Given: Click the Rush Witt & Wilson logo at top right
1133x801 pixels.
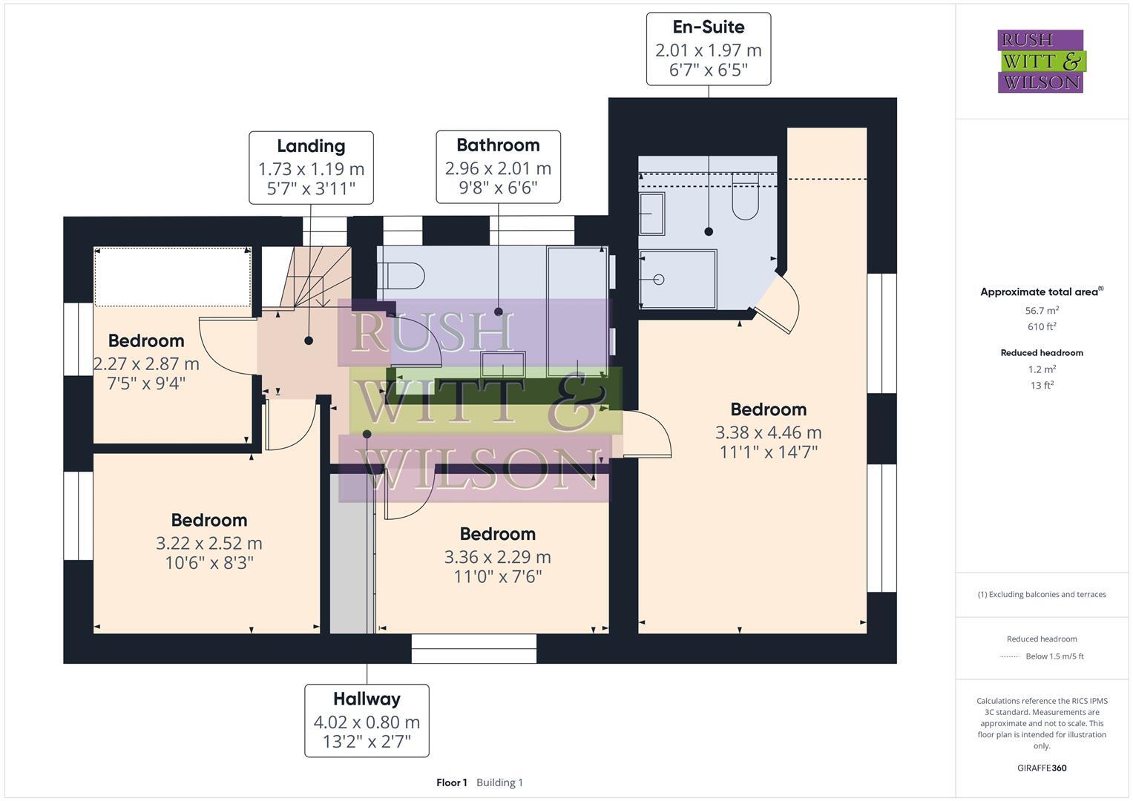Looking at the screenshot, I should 1040,61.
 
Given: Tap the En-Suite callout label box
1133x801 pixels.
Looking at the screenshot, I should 708,49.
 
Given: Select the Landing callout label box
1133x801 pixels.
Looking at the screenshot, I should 311,168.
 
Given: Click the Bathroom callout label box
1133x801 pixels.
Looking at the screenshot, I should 498,167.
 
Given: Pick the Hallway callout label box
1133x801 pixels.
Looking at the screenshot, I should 367,720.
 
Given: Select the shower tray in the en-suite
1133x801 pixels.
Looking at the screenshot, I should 677,279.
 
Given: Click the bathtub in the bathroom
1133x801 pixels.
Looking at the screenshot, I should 577,311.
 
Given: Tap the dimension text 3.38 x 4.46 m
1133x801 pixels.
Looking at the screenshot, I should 768,432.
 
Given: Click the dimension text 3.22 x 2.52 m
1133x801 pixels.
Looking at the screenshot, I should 208,543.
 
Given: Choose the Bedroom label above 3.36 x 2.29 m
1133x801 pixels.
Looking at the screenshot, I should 497,534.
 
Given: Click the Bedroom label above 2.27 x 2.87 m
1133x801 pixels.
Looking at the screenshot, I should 146,341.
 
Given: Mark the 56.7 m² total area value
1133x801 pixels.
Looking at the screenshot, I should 1041,311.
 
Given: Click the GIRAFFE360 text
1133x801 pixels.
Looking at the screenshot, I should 1041,768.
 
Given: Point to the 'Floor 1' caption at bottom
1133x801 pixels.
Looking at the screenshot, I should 451,782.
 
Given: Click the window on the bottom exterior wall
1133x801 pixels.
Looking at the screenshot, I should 473,648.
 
